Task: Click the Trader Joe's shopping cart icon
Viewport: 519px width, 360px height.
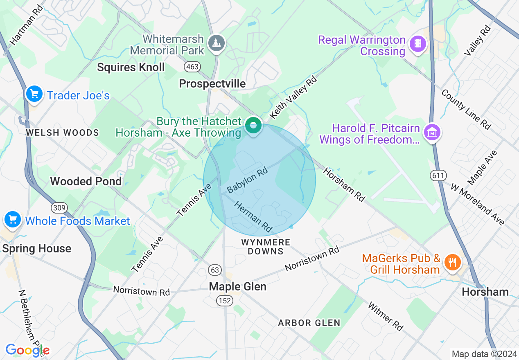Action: [34, 94]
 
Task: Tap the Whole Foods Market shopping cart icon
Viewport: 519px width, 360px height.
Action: [13, 220]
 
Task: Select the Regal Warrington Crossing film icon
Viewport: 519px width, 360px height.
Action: [417, 43]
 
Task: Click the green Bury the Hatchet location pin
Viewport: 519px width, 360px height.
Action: [253, 126]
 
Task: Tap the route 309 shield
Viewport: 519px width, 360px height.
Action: [59, 208]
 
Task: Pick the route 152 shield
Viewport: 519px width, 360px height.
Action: [225, 301]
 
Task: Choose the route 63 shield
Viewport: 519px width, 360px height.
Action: [215, 270]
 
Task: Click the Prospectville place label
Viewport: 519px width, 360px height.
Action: [212, 84]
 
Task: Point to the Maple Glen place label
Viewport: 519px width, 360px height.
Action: [237, 286]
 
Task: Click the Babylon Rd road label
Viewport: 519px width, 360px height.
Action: [247, 180]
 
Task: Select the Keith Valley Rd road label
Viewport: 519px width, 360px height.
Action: [294, 97]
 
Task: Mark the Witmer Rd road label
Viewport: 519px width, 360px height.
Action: [385, 316]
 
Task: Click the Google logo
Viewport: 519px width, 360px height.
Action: [27, 351]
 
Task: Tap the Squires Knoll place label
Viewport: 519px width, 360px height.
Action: [131, 67]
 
